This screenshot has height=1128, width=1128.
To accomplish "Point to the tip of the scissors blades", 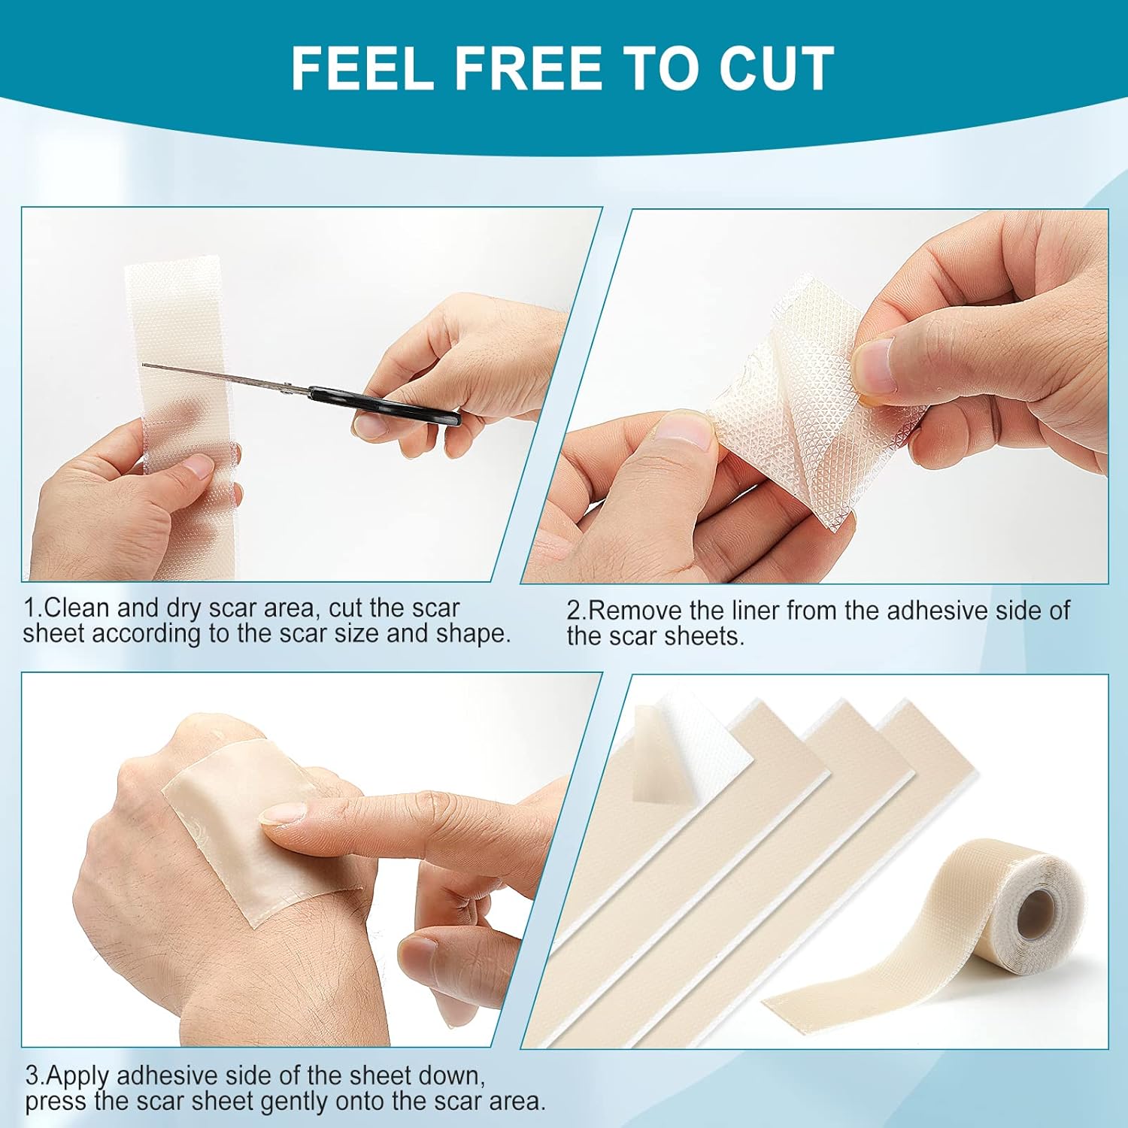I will tap(145, 365).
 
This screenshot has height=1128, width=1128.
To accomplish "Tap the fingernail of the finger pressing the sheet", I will tap(284, 814).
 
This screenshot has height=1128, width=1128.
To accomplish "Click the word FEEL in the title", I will tap(362, 68).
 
